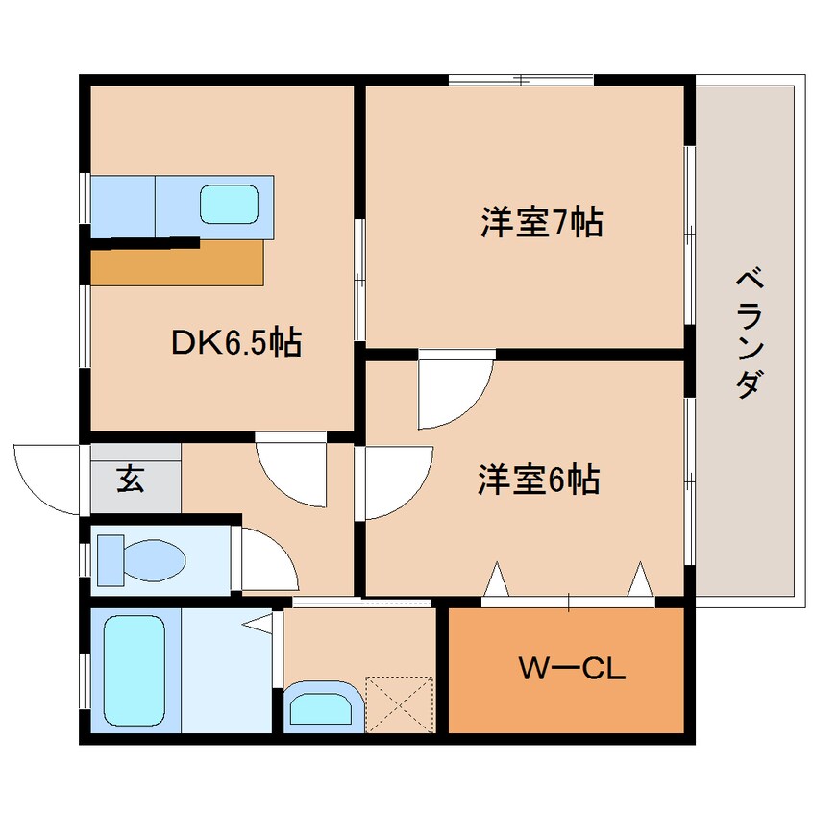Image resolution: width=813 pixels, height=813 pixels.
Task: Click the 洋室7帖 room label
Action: pos(542,222)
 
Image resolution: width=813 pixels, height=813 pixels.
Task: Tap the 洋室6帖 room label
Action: pos(539,480)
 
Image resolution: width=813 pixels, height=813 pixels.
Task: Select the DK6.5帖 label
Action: pos(236,342)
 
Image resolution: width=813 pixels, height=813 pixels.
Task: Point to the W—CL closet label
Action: pos(573,669)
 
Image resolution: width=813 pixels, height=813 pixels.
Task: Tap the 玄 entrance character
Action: pos(130,478)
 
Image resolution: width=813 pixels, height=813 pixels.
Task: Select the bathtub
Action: pos(135,671)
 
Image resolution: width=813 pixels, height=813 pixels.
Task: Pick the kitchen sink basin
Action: pos(229,205)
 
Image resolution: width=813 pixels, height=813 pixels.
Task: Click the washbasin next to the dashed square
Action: pos(322,706)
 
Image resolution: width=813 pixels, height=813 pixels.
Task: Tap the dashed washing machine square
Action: pos(399,704)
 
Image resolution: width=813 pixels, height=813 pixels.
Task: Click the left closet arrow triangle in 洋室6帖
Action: pos(497,579)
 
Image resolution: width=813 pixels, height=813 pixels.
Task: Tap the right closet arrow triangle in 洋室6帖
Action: pos(640,579)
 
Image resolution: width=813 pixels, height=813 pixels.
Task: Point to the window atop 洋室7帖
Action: pos(521,80)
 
